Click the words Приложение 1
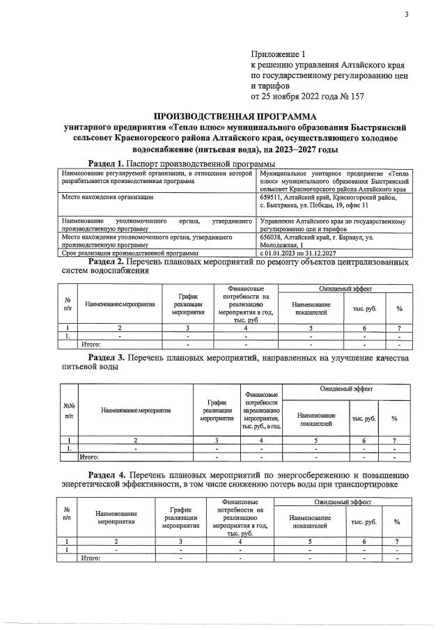(x=278, y=54)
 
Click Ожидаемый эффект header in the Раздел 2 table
(x=345, y=288)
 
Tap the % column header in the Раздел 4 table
(x=398, y=521)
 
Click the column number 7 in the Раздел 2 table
(x=399, y=327)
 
